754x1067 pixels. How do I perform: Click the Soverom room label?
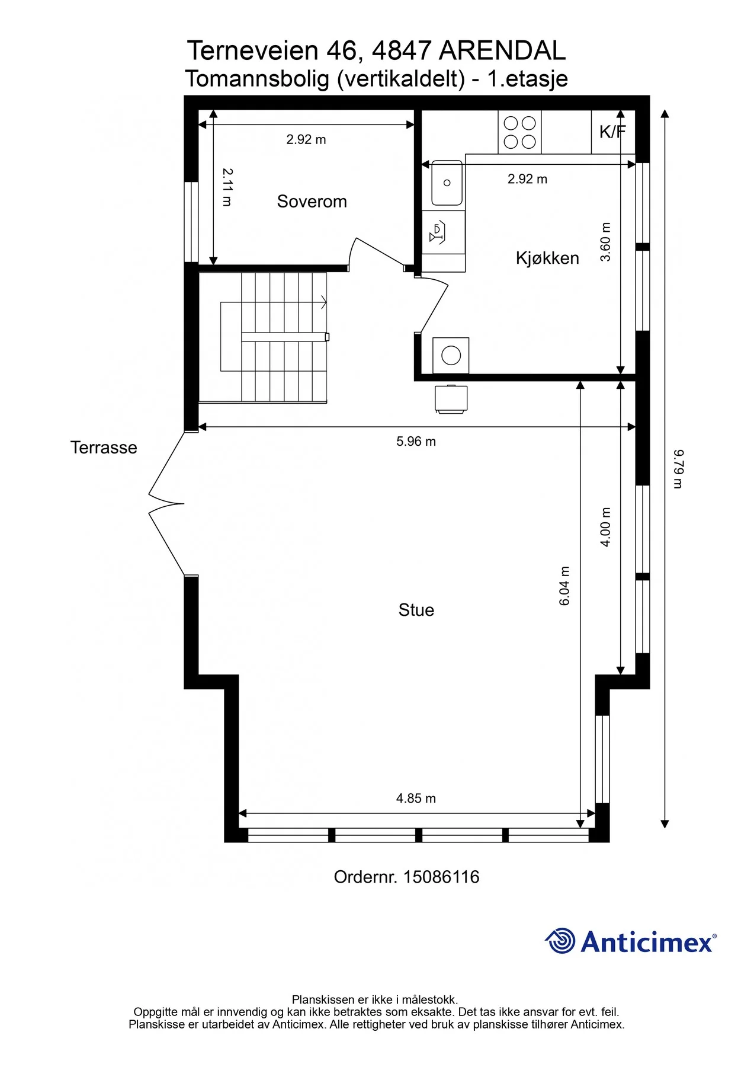pyautogui.click(x=312, y=202)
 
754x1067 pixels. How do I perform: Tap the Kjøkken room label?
pyautogui.click(x=547, y=258)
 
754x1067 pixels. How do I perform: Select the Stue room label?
pyautogui.click(x=416, y=610)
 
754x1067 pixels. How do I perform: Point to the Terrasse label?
pyautogui.click(x=104, y=448)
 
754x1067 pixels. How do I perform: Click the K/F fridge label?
pyautogui.click(x=612, y=132)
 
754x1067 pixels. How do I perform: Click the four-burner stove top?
pyautogui.click(x=519, y=132)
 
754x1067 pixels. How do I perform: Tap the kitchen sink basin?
pyautogui.click(x=447, y=183)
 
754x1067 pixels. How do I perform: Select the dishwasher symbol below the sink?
pyautogui.click(x=444, y=233)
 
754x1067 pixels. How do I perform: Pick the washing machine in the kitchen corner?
pyautogui.click(x=451, y=356)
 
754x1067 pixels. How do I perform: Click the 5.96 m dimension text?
pyautogui.click(x=416, y=442)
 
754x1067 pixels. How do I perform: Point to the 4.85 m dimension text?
pyautogui.click(x=416, y=798)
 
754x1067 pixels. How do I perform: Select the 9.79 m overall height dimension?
pyautogui.click(x=678, y=469)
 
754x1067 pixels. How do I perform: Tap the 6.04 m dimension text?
pyautogui.click(x=564, y=586)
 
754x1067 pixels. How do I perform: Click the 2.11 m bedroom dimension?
pyautogui.click(x=227, y=187)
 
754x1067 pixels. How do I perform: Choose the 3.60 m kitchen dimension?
pyautogui.click(x=605, y=242)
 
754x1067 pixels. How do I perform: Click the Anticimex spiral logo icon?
pyautogui.click(x=560, y=941)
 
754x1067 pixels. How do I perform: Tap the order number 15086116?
pyautogui.click(x=441, y=877)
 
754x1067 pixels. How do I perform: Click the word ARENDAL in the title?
pyautogui.click(x=502, y=51)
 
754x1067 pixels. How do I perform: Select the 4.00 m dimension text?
pyautogui.click(x=605, y=527)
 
